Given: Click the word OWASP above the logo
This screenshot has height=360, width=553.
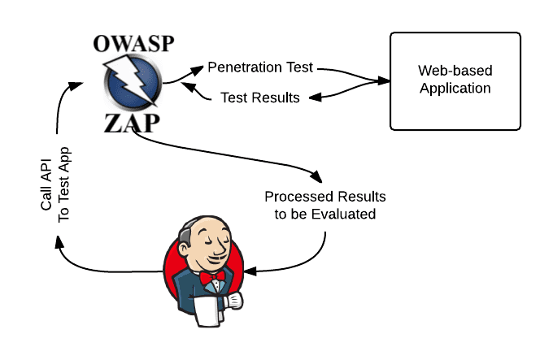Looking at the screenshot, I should [133, 44].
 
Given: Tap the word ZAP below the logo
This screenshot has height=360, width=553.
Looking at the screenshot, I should [133, 124].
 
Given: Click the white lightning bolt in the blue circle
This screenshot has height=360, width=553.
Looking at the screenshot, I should [133, 84].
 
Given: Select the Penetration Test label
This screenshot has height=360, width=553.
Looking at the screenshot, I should [261, 66].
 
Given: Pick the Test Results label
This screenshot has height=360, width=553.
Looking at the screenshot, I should [260, 98].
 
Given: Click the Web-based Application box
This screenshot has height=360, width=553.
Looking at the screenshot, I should [455, 80].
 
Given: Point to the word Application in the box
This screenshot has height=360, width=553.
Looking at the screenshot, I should [455, 89].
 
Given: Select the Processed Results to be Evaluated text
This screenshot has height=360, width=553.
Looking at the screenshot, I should [325, 206].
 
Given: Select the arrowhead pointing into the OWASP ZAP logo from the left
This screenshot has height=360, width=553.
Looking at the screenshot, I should [78, 82].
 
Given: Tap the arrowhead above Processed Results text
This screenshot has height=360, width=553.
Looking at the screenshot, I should [316, 176].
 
